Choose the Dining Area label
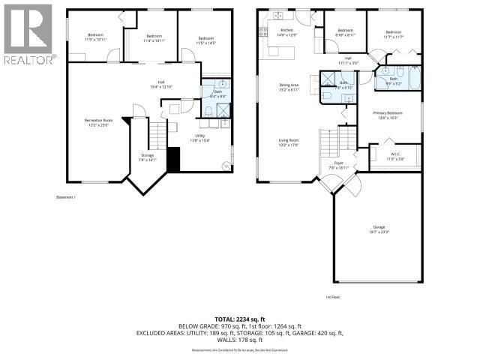point(289,86)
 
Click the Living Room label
point(289,142)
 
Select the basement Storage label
point(147,157)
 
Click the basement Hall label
point(160,84)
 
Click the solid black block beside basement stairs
point(173,160)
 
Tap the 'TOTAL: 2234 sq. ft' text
point(239,318)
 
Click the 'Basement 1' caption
point(67,197)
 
